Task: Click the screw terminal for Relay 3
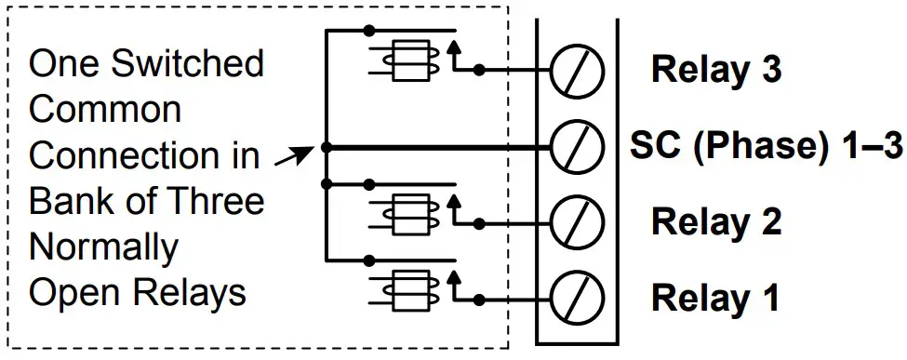pos(577,70)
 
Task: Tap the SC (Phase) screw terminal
pos(577,146)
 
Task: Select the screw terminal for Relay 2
pos(577,222)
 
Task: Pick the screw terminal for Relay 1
pos(577,299)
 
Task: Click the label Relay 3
pos(715,70)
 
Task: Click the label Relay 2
pos(715,222)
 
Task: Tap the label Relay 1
pos(715,299)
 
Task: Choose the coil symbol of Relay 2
pos(406,214)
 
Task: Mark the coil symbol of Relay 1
pos(406,290)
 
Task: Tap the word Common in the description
pos(105,110)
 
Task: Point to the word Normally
pos(103,247)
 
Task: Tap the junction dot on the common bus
pos(325,147)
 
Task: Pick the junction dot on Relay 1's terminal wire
pos(479,299)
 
